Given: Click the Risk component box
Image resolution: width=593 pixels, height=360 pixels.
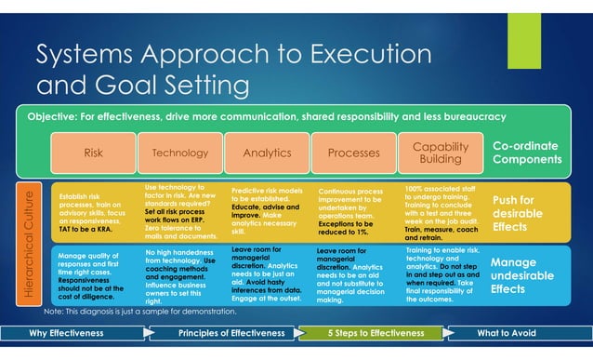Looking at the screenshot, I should coord(93,153).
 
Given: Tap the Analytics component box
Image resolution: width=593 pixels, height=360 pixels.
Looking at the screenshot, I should coord(266,153).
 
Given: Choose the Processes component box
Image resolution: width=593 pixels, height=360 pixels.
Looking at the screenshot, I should coord(353,153).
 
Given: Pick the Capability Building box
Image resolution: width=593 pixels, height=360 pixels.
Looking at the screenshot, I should coord(440,153).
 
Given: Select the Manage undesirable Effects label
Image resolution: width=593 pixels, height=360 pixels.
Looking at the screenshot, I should coord(521,276).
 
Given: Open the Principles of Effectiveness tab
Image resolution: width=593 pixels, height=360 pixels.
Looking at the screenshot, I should coord(231,333).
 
